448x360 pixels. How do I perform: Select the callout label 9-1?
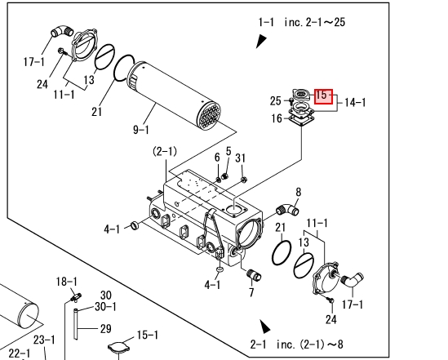pyautogui.click(x=141, y=130)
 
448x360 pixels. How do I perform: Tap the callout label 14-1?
pyautogui.click(x=355, y=102)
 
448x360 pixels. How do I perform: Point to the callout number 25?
pyautogui.click(x=276, y=101)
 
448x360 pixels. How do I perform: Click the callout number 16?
pyautogui.click(x=277, y=118)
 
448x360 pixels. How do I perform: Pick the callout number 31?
pyautogui.click(x=240, y=158)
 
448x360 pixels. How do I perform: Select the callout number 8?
pyautogui.click(x=299, y=192)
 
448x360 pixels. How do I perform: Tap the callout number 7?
pyautogui.click(x=251, y=292)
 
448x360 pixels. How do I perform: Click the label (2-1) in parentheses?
pyautogui.click(x=165, y=151)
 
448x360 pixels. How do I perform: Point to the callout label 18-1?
pyautogui.click(x=67, y=282)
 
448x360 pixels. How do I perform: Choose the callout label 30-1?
pyautogui.click(x=105, y=307)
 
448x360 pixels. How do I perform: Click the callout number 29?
pyautogui.click(x=106, y=328)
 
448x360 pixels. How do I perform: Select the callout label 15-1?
pyautogui.click(x=148, y=335)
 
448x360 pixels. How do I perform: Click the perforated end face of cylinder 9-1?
pyautogui.click(x=210, y=115)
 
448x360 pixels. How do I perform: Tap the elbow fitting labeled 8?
pyautogui.click(x=288, y=210)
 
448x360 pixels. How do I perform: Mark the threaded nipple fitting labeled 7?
pyautogui.click(x=254, y=274)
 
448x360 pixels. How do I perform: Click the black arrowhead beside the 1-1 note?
pyautogui.click(x=261, y=41)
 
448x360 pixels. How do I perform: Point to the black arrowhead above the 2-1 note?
pyautogui.click(x=265, y=327)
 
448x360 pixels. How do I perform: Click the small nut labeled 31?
pyautogui.click(x=244, y=180)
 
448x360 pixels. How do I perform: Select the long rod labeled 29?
pyautogui.click(x=76, y=324)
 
